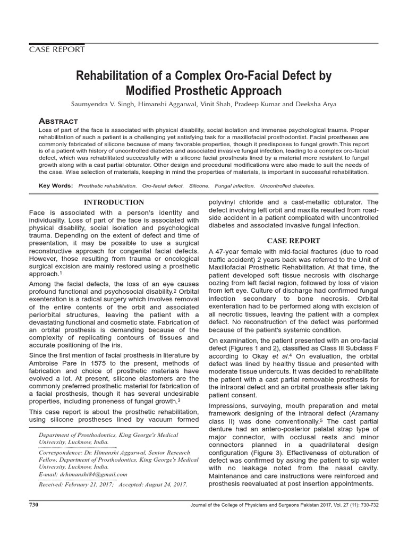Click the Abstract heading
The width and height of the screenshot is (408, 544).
(59, 121)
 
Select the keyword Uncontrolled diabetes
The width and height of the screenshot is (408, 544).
(287, 186)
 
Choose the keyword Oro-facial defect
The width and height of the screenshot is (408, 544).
(164, 186)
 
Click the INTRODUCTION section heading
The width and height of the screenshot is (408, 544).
(115, 202)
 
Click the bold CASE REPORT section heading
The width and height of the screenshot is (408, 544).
(293, 241)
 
